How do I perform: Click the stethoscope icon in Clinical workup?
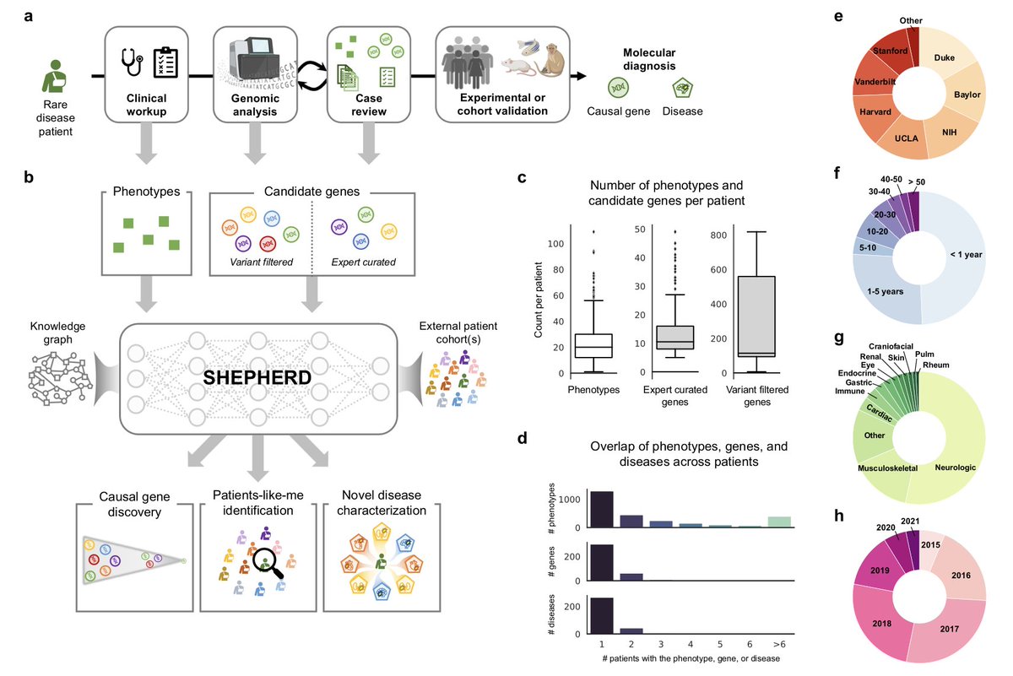click(x=132, y=62)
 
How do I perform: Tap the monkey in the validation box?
click(x=552, y=59)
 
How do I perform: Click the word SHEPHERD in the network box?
click(x=257, y=377)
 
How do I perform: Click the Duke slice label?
click(x=945, y=58)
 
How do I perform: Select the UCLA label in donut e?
click(x=907, y=138)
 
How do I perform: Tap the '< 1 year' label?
click(x=966, y=255)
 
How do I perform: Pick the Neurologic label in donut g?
click(x=955, y=468)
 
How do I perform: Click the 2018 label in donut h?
click(x=881, y=624)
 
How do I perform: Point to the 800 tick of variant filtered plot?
click(x=718, y=235)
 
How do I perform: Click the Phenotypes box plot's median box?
click(x=593, y=346)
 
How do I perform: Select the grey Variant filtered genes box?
click(x=756, y=316)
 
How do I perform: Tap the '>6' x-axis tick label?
click(x=779, y=644)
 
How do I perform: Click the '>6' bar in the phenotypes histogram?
click(x=779, y=522)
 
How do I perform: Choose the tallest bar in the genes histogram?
click(x=602, y=563)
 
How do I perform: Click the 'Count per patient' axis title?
click(x=538, y=300)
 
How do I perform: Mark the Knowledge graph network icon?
click(x=59, y=379)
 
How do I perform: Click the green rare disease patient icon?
click(x=54, y=76)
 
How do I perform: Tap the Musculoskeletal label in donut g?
click(x=887, y=468)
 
